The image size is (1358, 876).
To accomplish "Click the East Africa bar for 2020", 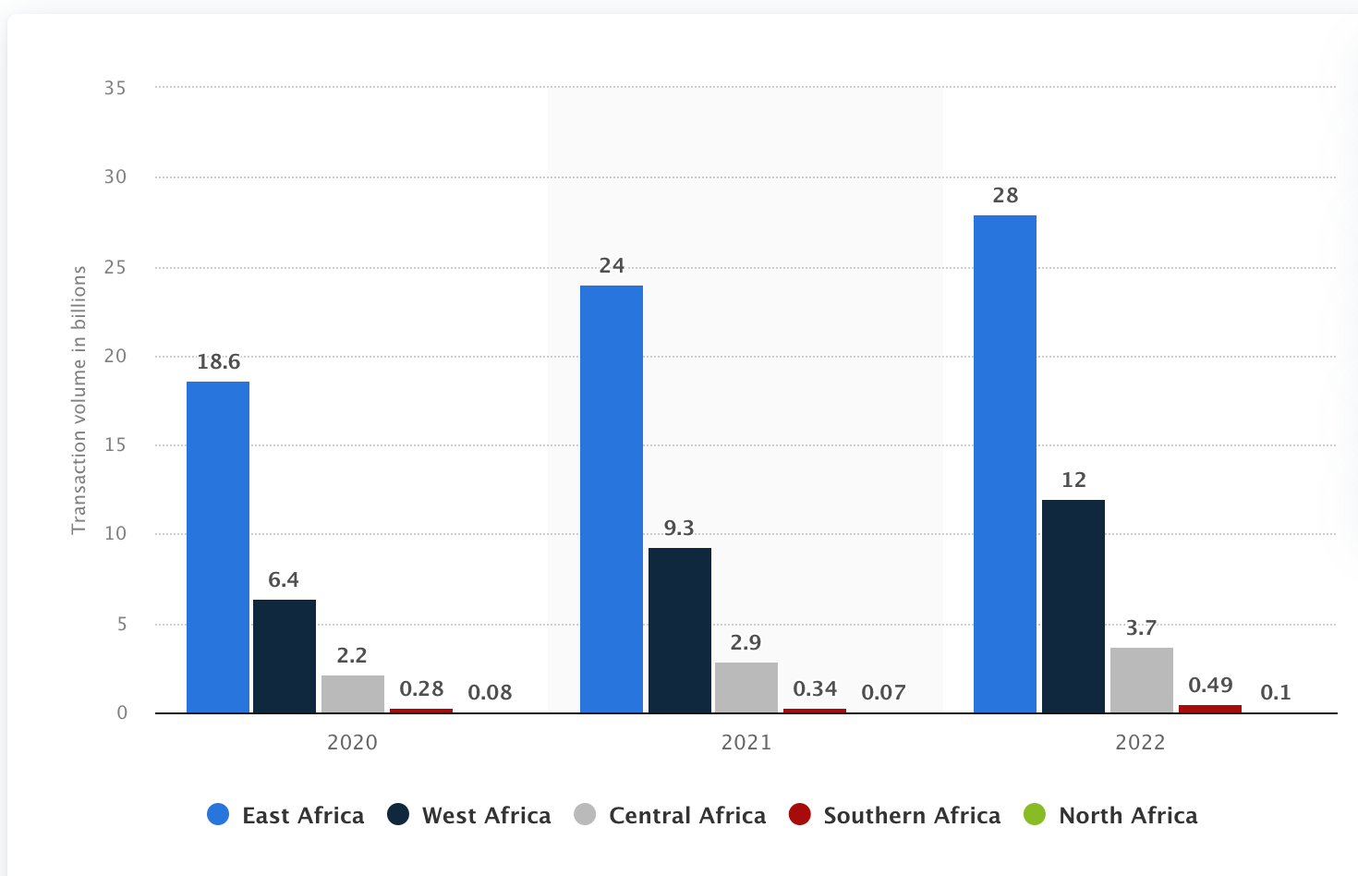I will pyautogui.click(x=218, y=547).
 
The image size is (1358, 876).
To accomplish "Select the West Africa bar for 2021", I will pyautogui.click(x=680, y=630).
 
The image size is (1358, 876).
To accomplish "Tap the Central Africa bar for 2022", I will pyautogui.click(x=1142, y=680).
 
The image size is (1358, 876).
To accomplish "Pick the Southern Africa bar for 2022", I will pyautogui.click(x=1210, y=709).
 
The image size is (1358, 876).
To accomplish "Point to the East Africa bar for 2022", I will pyautogui.click(x=1005, y=464).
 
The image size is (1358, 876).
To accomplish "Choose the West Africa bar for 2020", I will pyautogui.click(x=285, y=656).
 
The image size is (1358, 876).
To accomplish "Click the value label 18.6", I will pyautogui.click(x=219, y=362).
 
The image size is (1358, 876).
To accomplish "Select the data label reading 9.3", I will pyautogui.click(x=679, y=529).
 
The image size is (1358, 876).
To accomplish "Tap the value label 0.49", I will pyautogui.click(x=1210, y=686).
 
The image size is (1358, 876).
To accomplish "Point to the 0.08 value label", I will pyautogui.click(x=490, y=693).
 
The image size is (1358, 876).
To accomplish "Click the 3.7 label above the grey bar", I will pyautogui.click(x=1141, y=628).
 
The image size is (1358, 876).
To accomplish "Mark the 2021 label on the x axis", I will pyautogui.click(x=746, y=743).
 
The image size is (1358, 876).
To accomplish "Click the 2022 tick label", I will pyautogui.click(x=1140, y=743).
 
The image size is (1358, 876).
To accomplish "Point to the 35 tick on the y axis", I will pyautogui.click(x=115, y=89).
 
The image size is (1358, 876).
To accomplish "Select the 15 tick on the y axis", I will pyautogui.click(x=115, y=445).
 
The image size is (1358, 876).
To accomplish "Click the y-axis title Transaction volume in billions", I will pyautogui.click(x=79, y=399).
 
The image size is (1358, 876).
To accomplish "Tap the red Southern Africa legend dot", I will pyautogui.click(x=800, y=815).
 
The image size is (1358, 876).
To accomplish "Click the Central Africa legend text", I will pyautogui.click(x=687, y=816).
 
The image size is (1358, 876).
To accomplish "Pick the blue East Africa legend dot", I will pyautogui.click(x=218, y=815).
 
